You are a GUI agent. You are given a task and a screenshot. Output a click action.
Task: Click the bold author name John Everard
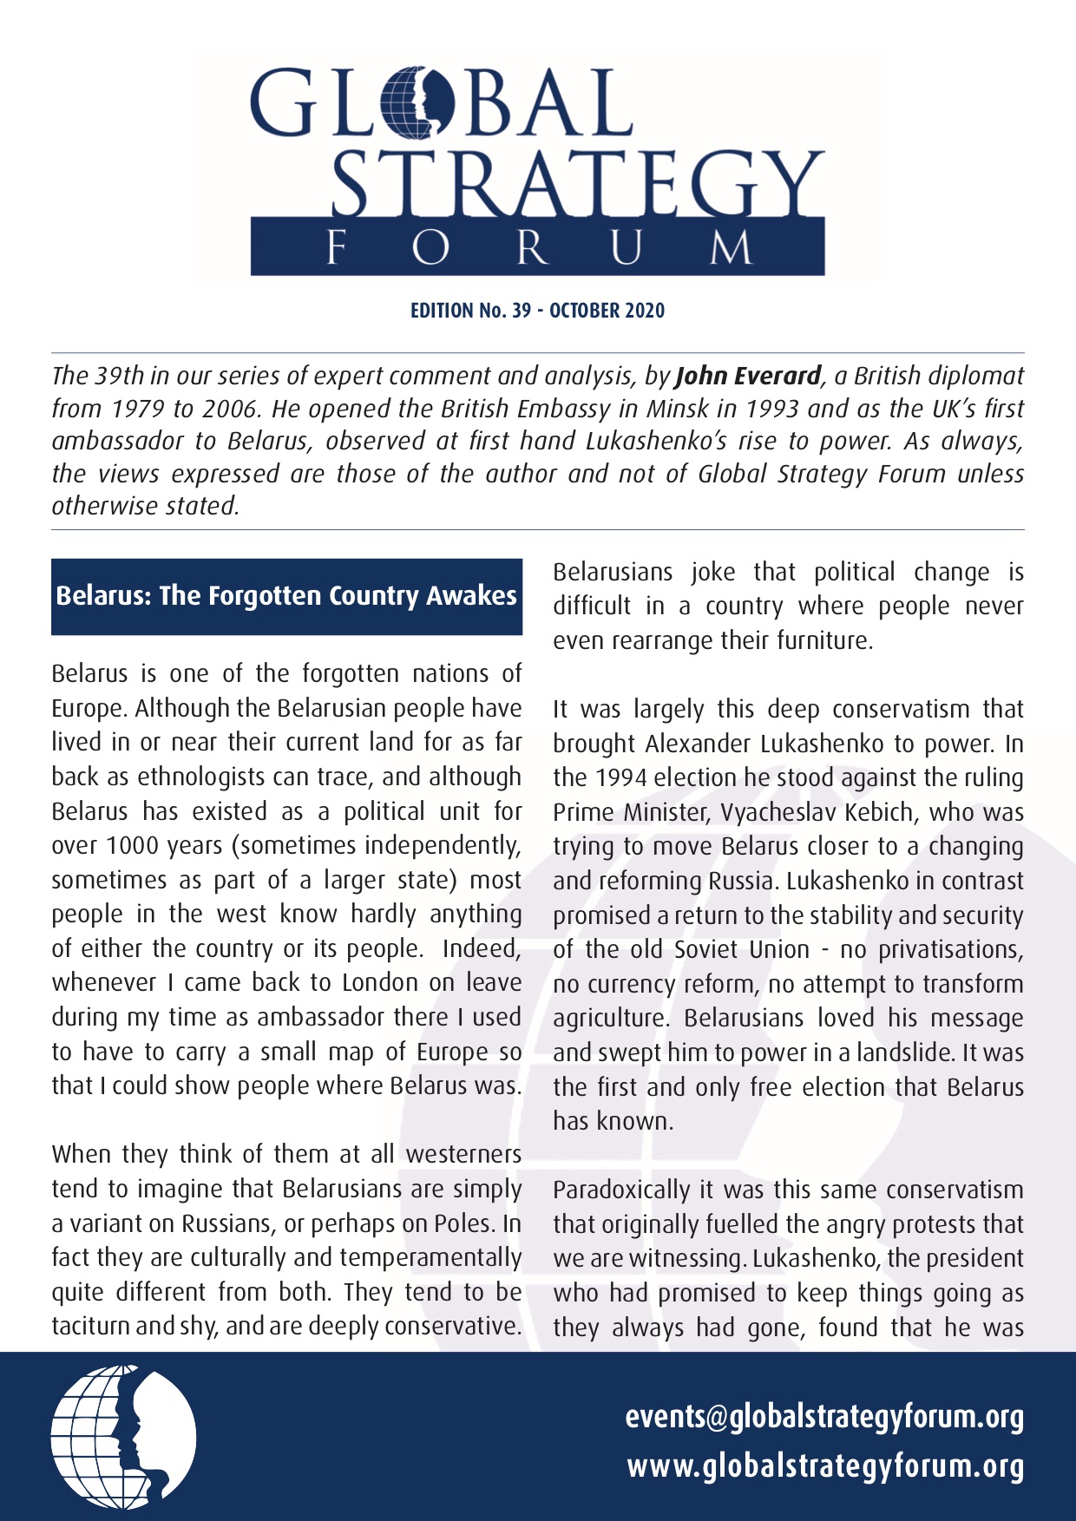click(748, 376)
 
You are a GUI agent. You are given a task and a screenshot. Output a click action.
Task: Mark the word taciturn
click(93, 1327)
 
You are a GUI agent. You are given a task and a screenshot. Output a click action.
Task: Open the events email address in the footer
click(824, 1417)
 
